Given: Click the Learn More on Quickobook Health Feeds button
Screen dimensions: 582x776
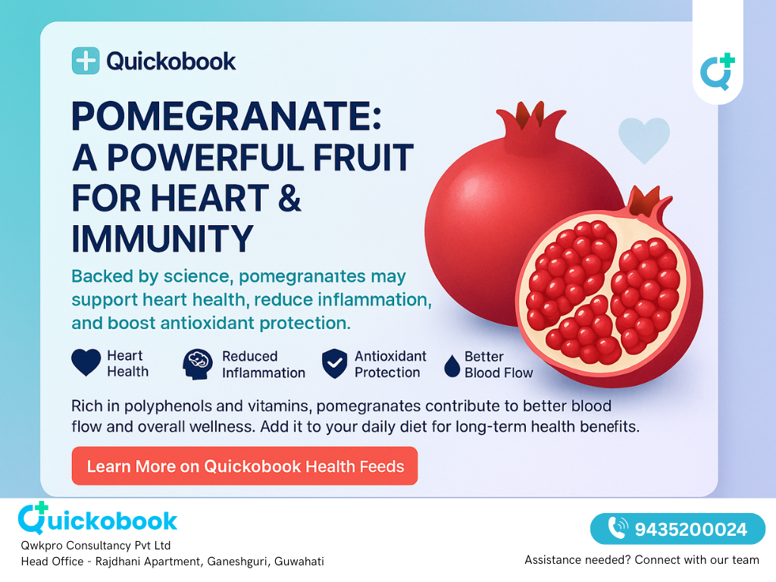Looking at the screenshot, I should click(x=245, y=466).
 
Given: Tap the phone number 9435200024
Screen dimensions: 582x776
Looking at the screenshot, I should click(x=690, y=529).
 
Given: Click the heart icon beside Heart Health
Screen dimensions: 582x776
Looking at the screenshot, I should click(x=86, y=363).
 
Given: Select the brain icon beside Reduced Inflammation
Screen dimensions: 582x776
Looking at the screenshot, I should click(x=197, y=364).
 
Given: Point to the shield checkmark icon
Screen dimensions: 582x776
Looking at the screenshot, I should click(x=334, y=364).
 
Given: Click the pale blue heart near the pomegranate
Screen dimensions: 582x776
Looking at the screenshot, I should click(x=643, y=140).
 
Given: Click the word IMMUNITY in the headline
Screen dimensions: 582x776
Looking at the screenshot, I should click(x=162, y=239).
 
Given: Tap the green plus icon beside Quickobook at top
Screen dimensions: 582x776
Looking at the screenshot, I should click(x=86, y=61).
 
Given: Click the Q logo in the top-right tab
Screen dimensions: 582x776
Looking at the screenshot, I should click(x=717, y=72).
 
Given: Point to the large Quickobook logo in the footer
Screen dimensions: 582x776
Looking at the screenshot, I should click(x=98, y=519).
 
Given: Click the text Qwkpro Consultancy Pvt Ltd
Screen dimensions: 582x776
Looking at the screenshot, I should click(x=96, y=546).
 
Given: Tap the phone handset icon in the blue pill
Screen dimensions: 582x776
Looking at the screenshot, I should click(x=618, y=528).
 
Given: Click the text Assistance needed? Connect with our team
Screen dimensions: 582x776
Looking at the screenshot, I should click(x=642, y=560).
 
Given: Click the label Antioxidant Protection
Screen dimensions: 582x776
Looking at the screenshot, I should click(x=390, y=364).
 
